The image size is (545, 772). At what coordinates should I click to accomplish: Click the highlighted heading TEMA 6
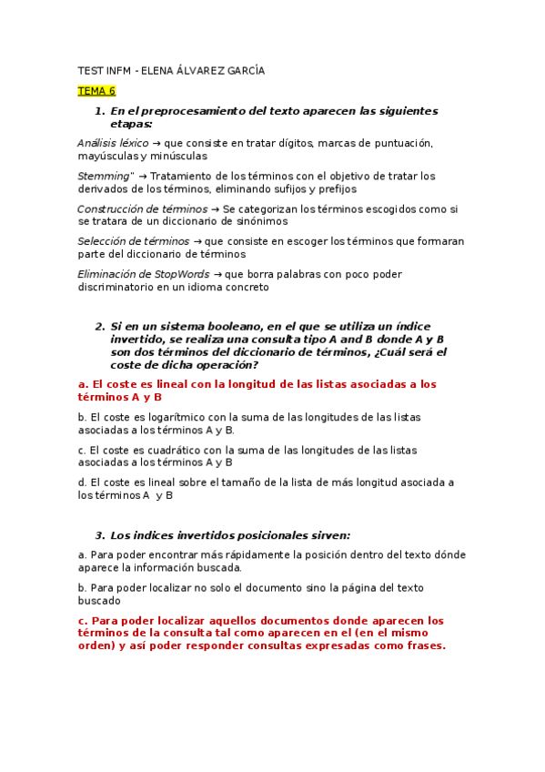[x=96, y=91]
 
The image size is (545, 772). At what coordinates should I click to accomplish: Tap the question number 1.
[x=99, y=111]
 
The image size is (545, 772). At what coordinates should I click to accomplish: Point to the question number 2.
[x=99, y=326]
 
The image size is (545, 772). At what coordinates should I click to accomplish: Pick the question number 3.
[x=99, y=534]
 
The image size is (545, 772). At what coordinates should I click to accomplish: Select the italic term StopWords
[x=182, y=274]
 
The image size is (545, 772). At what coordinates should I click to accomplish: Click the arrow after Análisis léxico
[x=156, y=143]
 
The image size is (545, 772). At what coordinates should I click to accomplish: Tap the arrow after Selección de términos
[x=197, y=241]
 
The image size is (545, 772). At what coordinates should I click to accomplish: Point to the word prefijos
[x=337, y=188]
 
